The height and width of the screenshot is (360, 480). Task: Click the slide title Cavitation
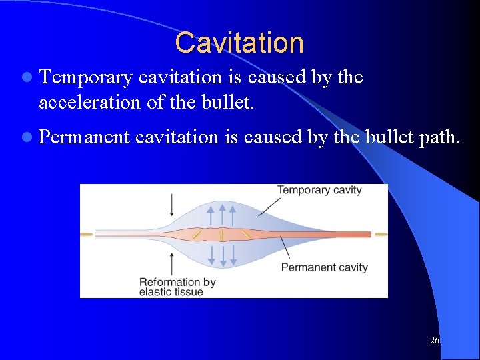[x=239, y=42]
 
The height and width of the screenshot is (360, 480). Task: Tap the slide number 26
[x=434, y=341]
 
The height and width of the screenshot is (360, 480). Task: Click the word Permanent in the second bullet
[x=85, y=137]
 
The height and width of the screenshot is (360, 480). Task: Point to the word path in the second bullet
[x=439, y=137]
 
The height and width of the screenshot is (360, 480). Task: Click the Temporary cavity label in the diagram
[x=319, y=190]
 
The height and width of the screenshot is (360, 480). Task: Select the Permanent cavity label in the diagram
[x=324, y=267]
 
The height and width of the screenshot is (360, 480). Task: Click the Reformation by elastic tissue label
[x=177, y=287]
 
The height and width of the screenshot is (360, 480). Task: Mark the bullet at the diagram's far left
[x=87, y=235]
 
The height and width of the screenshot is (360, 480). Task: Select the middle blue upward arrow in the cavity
[x=223, y=214]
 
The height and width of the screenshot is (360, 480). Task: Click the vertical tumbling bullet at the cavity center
[x=222, y=235]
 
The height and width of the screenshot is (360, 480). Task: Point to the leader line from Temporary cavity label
[x=269, y=206]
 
